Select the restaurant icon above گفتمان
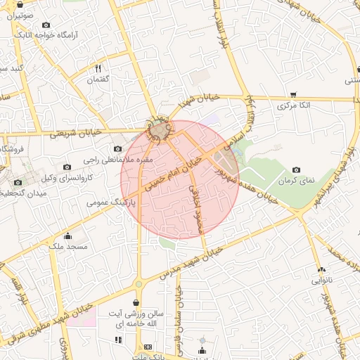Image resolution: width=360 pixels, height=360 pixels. tap(98, 68)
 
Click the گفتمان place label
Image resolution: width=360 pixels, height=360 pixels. tap(99, 81)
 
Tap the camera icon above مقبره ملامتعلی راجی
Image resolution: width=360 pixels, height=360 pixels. tap(117, 148)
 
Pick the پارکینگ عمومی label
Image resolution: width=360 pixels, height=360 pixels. tap(108, 202)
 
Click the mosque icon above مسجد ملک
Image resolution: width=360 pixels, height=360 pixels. tap(67, 236)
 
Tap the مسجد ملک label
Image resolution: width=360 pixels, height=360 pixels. tap(67, 247)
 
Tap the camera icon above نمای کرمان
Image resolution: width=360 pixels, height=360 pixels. tap(296, 169)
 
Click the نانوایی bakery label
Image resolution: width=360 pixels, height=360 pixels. tap(321, 280)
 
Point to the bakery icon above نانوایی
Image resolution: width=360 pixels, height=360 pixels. tap(321, 269)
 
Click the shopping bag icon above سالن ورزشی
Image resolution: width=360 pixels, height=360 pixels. tap(134, 303)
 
